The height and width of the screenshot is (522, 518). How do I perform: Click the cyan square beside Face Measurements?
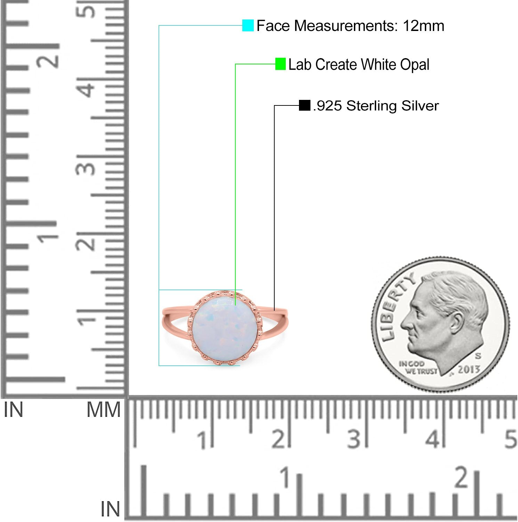click(248, 25)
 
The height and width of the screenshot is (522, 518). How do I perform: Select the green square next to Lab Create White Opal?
click(280, 64)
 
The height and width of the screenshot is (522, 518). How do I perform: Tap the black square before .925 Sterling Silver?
click(305, 105)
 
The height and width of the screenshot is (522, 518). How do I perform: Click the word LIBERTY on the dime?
click(395, 306)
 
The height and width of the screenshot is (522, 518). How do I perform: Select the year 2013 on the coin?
click(468, 369)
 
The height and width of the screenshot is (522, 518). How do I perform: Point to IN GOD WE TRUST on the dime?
click(417, 367)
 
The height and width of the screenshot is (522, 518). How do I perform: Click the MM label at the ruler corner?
click(103, 410)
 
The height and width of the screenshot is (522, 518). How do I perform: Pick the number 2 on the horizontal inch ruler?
click(462, 477)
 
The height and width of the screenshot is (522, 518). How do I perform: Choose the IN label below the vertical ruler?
click(13, 410)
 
